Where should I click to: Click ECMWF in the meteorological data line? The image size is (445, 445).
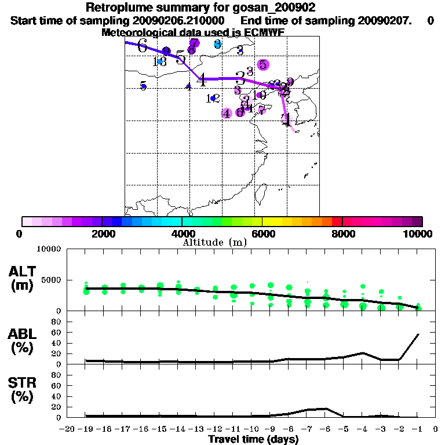265,32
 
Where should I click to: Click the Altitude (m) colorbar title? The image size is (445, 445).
214,242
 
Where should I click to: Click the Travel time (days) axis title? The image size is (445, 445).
253,440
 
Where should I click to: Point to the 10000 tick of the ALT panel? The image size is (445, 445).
49,249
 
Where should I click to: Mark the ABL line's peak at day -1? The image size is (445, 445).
418,334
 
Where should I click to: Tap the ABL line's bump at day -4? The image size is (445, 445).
363,352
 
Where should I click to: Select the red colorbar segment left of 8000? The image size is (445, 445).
337,221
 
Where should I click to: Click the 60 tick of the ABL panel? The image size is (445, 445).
57,332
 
